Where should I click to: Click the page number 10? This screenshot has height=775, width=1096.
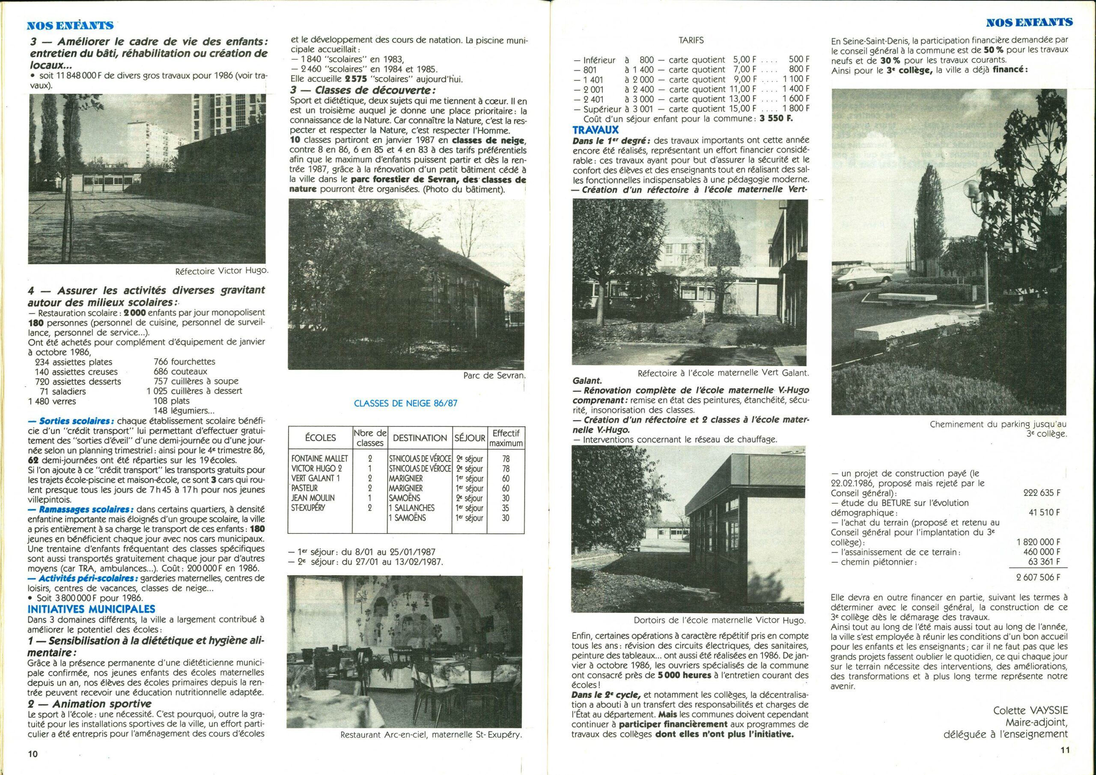[33, 754]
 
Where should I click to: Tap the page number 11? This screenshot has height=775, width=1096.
[1065, 750]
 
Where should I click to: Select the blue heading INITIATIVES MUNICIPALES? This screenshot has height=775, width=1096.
[91, 609]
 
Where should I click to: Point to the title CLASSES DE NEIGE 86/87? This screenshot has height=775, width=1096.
[405, 403]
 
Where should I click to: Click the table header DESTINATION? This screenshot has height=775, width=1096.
[420, 438]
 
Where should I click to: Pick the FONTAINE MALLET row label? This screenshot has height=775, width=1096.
[319, 459]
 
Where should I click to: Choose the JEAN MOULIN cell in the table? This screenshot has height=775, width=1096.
[313, 498]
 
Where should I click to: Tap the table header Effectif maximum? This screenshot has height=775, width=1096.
[506, 438]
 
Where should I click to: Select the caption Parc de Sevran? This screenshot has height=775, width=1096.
[494, 376]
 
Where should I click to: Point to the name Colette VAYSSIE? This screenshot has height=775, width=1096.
[1030, 710]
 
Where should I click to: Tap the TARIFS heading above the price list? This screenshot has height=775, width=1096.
[691, 41]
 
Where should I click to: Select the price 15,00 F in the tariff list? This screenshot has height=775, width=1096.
[744, 109]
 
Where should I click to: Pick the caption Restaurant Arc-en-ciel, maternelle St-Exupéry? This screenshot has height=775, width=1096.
[431, 735]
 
